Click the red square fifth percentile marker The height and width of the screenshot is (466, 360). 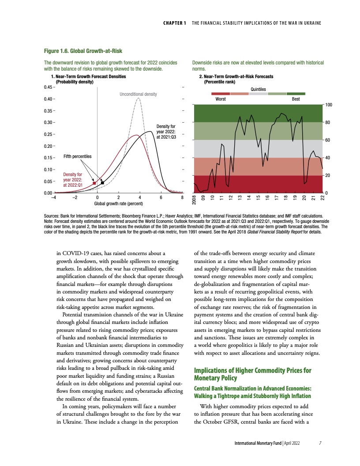[x=94, y=183]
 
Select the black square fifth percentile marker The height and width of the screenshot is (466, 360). [x=102, y=182]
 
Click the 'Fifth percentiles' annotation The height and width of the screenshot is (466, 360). [x=78, y=156]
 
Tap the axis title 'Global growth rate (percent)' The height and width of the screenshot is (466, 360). [x=118, y=204]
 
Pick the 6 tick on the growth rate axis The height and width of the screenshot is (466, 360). [x=161, y=198]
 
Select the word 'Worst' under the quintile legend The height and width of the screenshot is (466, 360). [x=221, y=99]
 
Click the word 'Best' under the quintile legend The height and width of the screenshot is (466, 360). [x=296, y=99]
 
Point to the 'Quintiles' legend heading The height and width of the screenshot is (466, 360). [x=258, y=89]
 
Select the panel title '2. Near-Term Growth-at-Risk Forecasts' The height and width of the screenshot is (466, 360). [x=236, y=76]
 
